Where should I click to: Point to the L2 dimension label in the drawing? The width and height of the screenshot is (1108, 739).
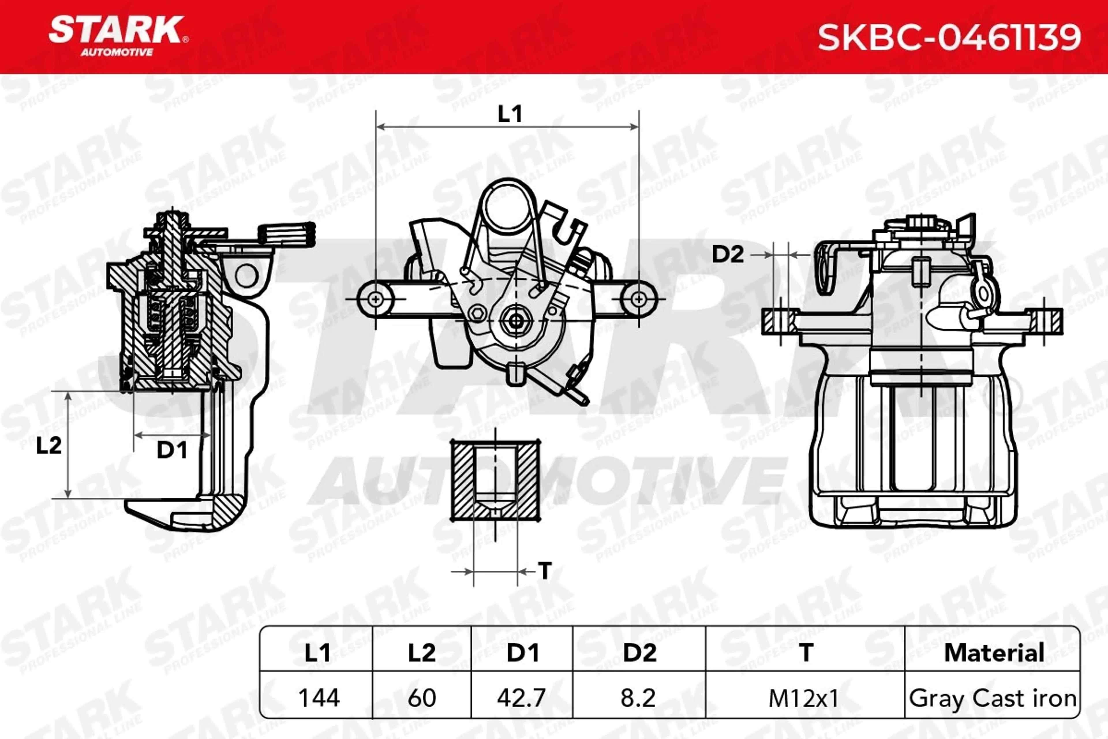tap(49, 445)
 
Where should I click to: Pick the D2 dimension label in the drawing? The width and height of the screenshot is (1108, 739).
tap(727, 255)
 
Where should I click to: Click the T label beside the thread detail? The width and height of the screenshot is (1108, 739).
tap(545, 571)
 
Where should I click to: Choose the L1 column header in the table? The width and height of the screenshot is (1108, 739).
tap(317, 653)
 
